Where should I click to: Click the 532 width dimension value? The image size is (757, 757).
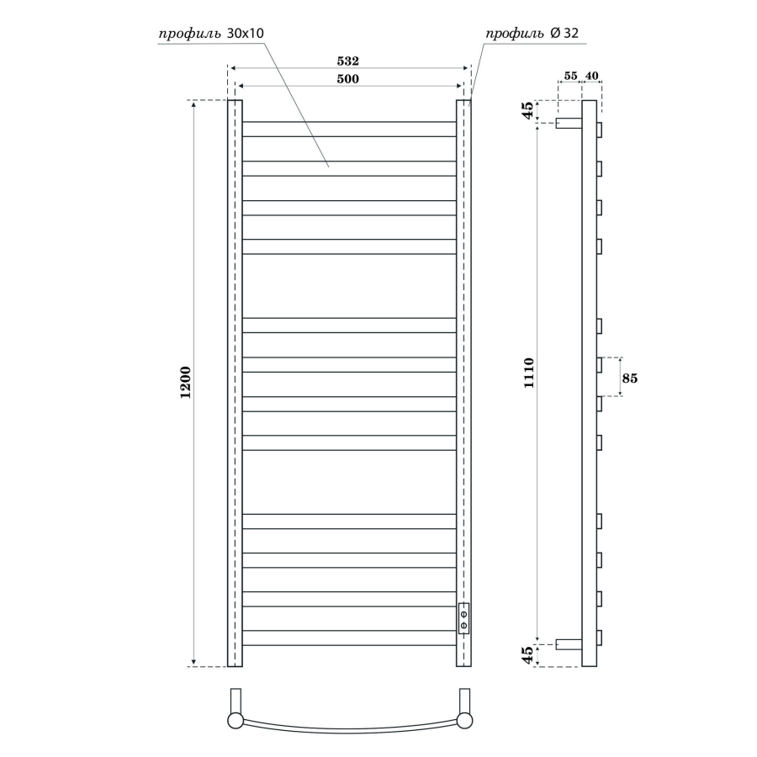(347, 61)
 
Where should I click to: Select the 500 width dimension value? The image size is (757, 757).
(347, 79)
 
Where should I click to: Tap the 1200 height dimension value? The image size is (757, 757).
(186, 383)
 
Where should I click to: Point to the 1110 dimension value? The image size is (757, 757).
(529, 373)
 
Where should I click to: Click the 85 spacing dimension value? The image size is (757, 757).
(629, 378)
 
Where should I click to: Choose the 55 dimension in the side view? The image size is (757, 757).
(570, 76)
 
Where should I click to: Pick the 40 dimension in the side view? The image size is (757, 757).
(591, 76)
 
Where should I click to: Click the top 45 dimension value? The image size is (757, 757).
(529, 110)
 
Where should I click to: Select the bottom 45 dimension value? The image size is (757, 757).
(529, 655)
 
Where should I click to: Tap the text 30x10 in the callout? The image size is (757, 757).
(246, 33)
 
